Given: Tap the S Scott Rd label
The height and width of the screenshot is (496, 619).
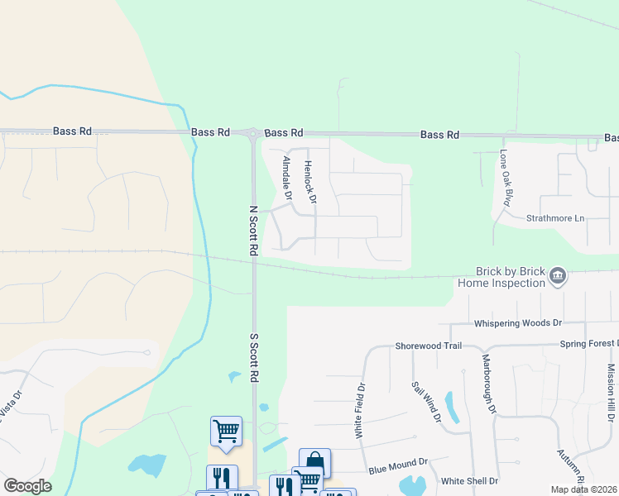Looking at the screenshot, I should pos(255,358).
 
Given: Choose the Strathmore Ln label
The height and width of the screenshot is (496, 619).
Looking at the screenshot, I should pos(555,219).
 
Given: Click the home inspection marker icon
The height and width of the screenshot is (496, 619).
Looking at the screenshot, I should pos(558,275).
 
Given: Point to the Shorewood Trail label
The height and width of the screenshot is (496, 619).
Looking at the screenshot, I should pos(428,346).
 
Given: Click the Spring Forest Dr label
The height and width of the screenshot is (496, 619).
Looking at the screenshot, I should pos(588,343).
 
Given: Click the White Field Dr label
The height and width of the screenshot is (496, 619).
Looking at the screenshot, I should pos(360,410).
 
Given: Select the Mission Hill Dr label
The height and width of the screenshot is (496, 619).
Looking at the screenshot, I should pos(612,389).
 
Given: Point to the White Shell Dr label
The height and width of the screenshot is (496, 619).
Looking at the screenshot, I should pos(469,480).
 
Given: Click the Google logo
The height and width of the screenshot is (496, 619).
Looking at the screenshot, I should pos(27,486).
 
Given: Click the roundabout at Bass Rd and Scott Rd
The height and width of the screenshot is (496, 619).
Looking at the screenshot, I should pos(253,132).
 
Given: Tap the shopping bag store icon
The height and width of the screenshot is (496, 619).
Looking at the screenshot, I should pos(314,461).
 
